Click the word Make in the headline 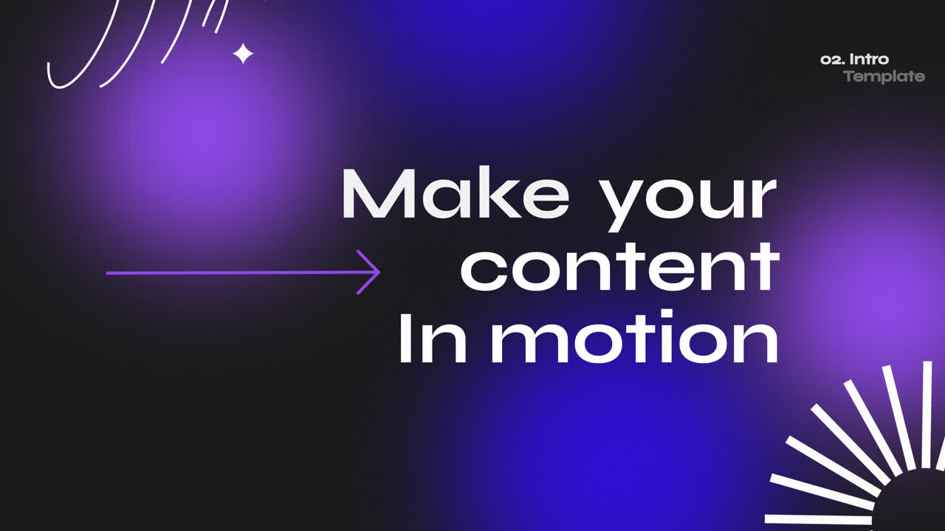[x=455, y=195]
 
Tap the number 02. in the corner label [x=833, y=59]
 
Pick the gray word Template [x=884, y=76]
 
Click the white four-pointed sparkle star [x=243, y=53]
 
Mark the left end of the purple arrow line [x=109, y=273]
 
